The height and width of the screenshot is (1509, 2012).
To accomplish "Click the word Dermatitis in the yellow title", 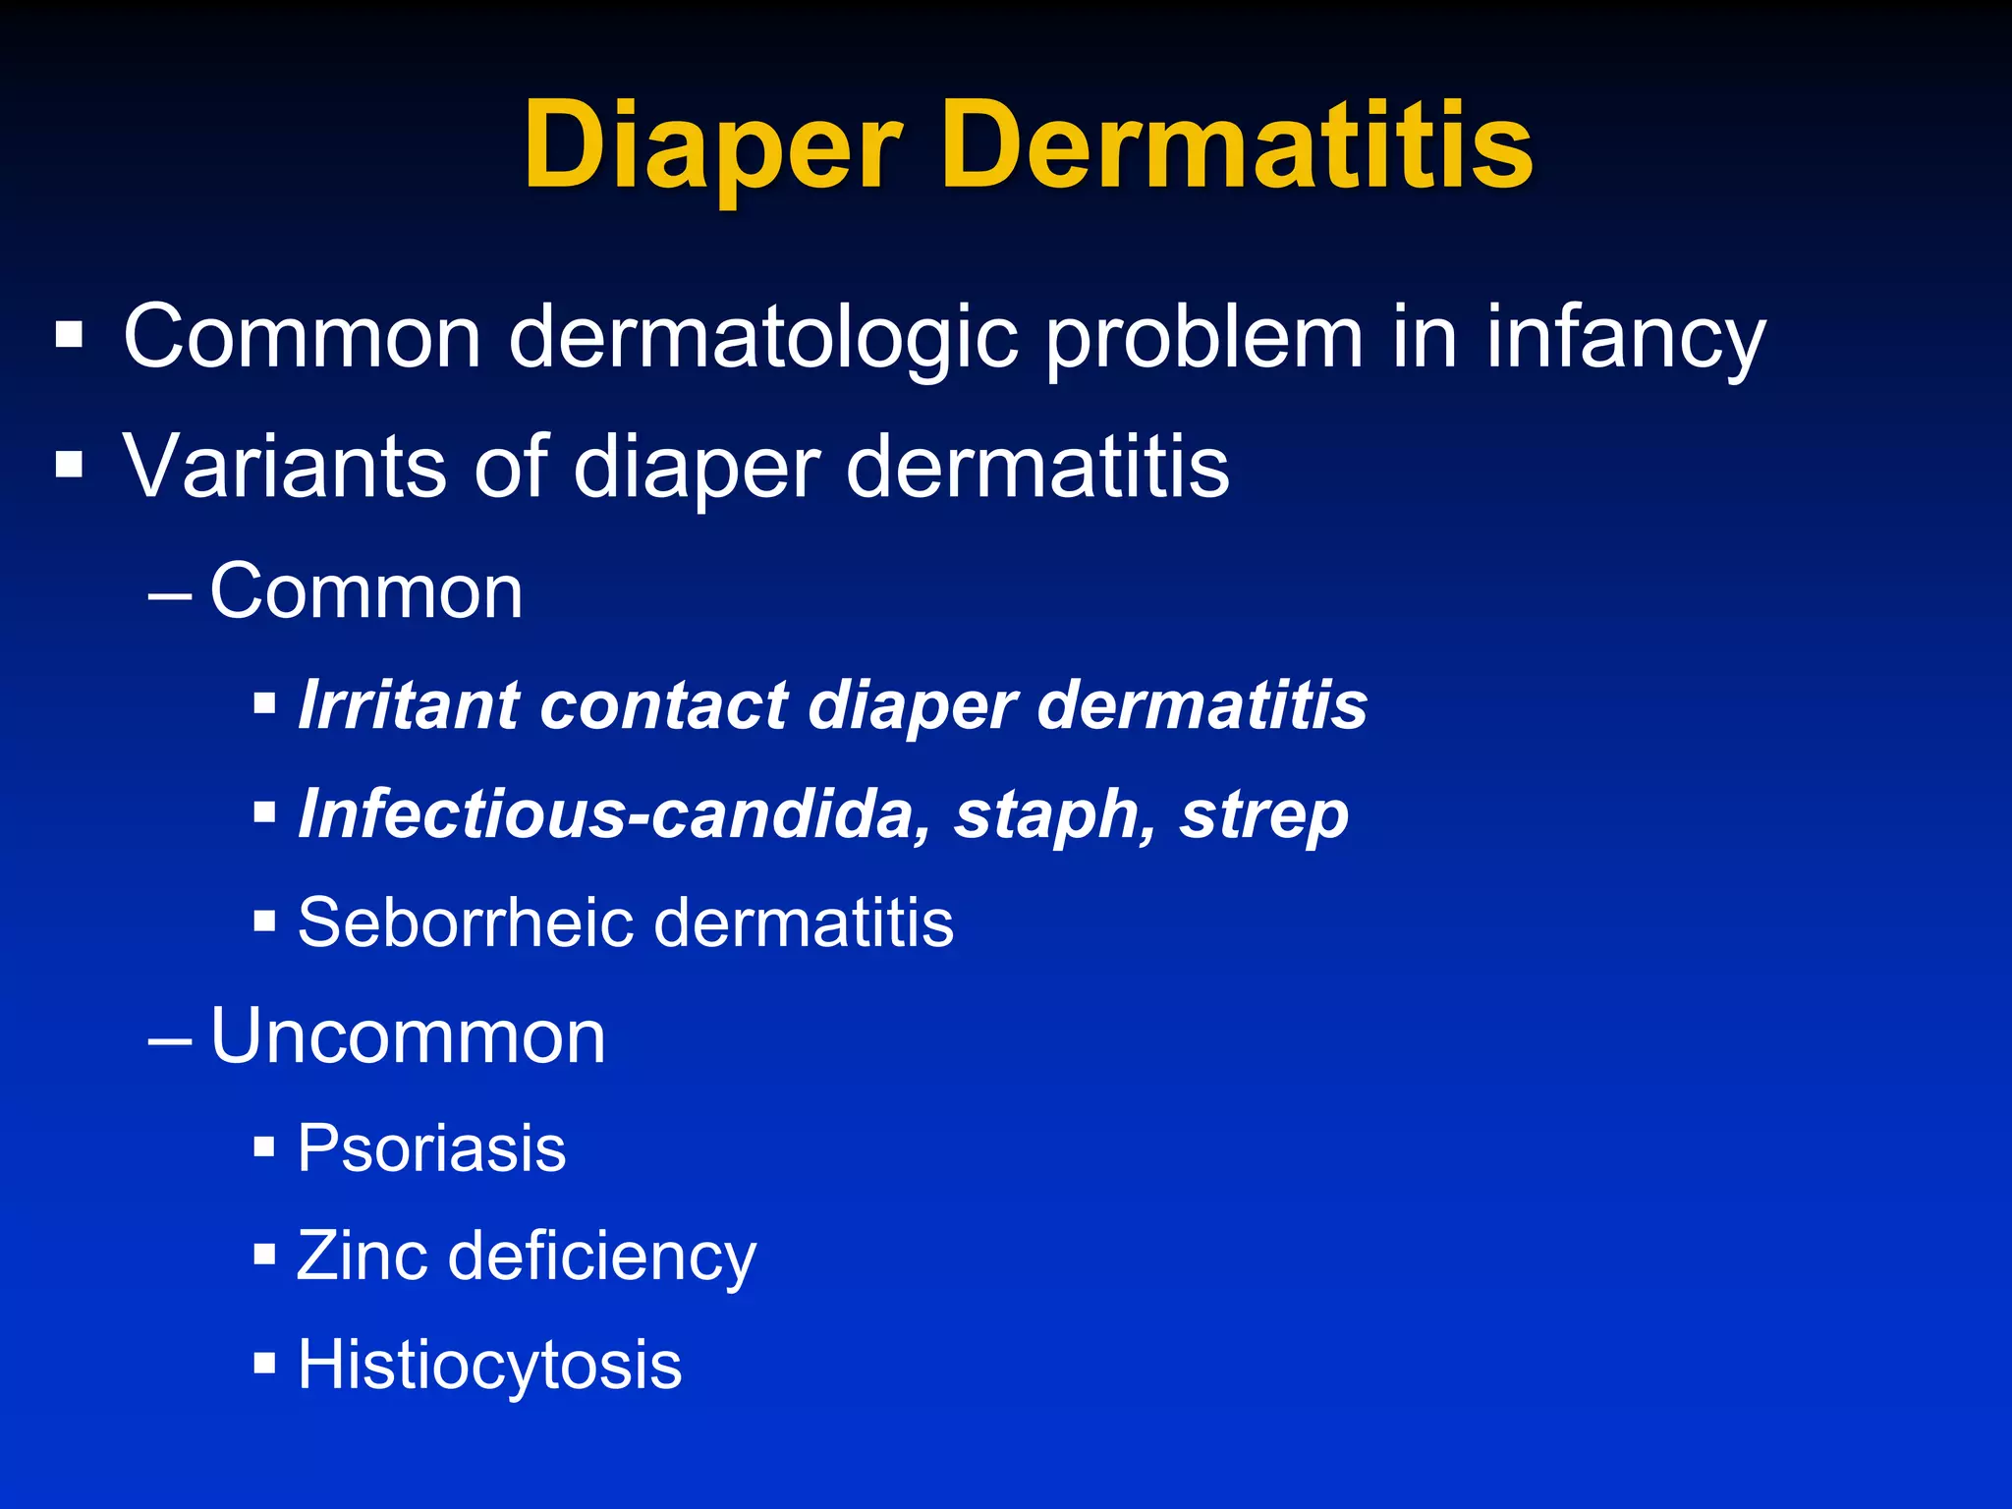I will point(1237,147).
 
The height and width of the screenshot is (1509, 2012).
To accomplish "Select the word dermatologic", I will point(762,339).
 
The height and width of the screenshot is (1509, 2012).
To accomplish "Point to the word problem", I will point(1203,339).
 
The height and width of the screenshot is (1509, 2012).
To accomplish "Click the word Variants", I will point(285,467).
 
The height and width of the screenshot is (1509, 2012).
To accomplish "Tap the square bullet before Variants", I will point(70,464).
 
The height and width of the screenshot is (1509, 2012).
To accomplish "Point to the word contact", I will point(663,705).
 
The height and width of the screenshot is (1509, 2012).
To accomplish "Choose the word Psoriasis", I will point(431,1147).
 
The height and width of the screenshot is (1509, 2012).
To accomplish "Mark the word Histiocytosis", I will point(489,1366).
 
